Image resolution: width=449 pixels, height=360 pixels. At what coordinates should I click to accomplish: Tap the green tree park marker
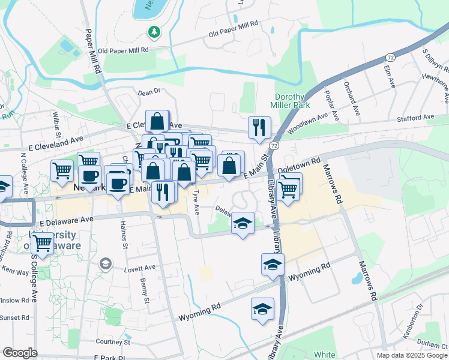coord(155,31)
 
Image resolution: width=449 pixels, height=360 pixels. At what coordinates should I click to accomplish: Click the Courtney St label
coord(113,341)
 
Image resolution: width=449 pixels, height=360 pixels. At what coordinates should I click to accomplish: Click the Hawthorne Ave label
coord(435,89)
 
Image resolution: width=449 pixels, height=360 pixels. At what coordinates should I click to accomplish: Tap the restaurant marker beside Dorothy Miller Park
coord(259,127)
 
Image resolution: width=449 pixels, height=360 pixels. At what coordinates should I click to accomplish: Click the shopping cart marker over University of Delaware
coord(42,243)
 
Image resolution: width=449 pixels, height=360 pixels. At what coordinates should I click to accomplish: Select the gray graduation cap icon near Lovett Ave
coord(106,263)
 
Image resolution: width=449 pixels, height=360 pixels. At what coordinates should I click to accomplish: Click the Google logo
coord(20,353)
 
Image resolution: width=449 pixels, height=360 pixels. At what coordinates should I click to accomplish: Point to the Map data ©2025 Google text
coord(411,355)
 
